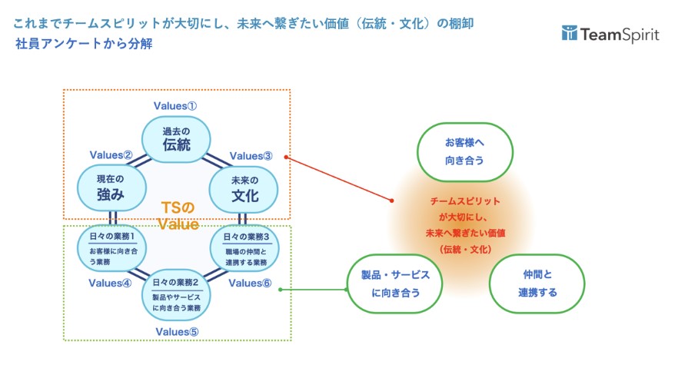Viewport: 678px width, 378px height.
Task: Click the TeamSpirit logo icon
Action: [x=570, y=33]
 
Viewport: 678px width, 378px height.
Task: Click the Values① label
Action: [x=177, y=105]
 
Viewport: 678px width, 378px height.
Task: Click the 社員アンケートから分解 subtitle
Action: [x=84, y=44]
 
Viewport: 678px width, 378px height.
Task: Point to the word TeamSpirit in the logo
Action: [x=620, y=34]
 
